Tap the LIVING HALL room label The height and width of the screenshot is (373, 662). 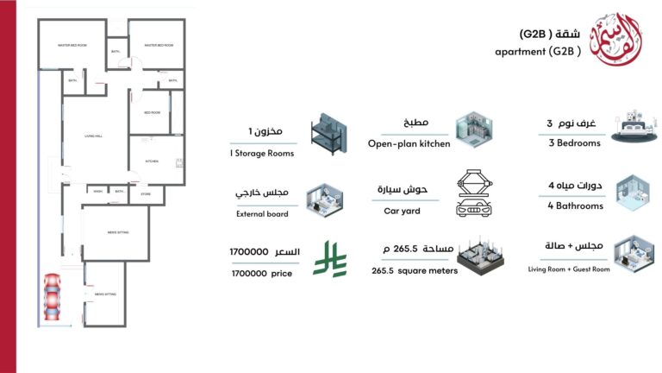pos(93,136)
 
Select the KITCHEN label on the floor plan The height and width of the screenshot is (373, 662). pos(152,161)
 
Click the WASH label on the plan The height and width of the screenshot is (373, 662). pos(98,191)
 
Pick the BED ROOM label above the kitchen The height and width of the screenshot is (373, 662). pos(152,112)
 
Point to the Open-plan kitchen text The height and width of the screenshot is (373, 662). pos(409,143)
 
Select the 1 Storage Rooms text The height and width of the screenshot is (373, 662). pos(261,153)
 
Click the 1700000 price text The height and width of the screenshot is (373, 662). pos(262,273)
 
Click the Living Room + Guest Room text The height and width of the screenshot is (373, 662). pos(569,269)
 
